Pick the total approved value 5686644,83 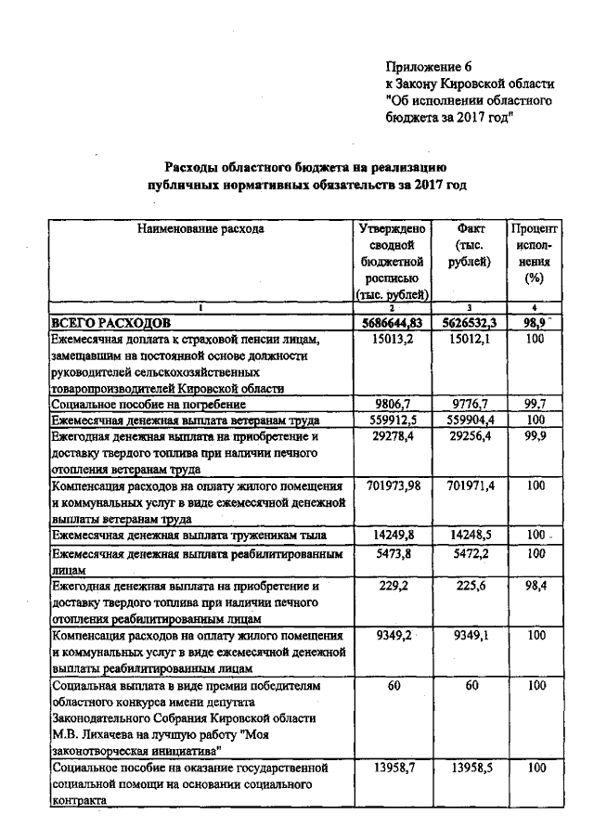(x=392, y=322)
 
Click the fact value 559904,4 (x=470, y=420)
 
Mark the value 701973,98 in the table (x=392, y=485)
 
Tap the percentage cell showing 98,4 (x=534, y=587)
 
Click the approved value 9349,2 (x=392, y=637)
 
